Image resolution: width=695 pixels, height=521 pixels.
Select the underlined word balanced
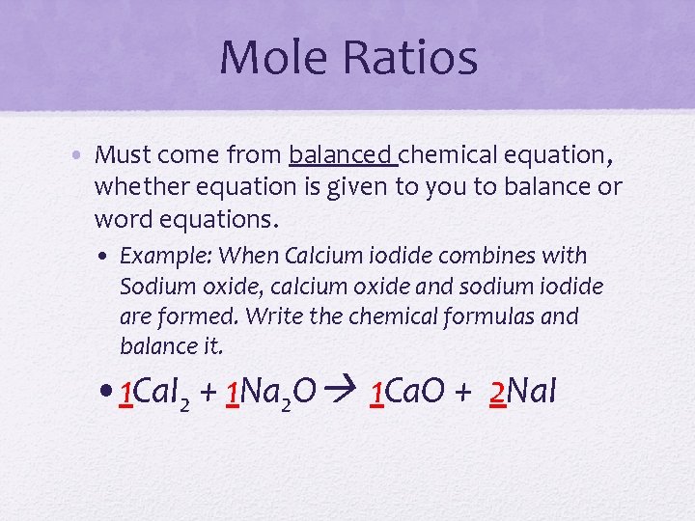[x=342, y=154]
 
